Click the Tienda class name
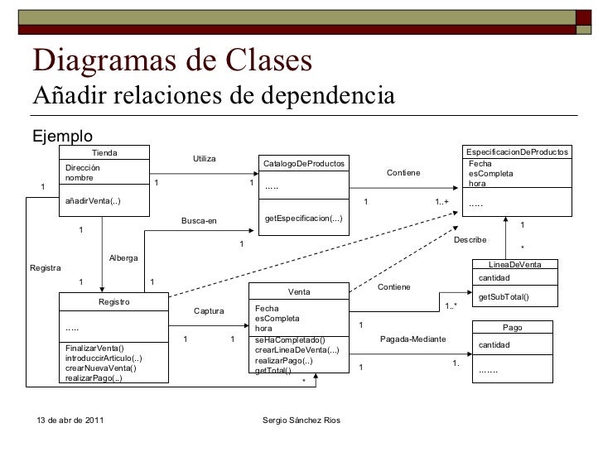click(x=104, y=152)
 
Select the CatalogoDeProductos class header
click(x=304, y=163)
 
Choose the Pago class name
click(x=523, y=328)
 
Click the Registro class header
click(x=113, y=302)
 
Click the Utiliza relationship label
click(x=204, y=157)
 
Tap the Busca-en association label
click(x=198, y=220)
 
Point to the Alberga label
click(x=123, y=259)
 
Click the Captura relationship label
click(x=209, y=311)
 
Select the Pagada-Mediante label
click(x=412, y=339)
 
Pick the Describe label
click(x=470, y=240)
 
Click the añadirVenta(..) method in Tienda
click(x=93, y=204)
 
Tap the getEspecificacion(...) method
click(x=302, y=218)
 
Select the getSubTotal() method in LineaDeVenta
click(x=504, y=297)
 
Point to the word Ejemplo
click(x=62, y=136)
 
